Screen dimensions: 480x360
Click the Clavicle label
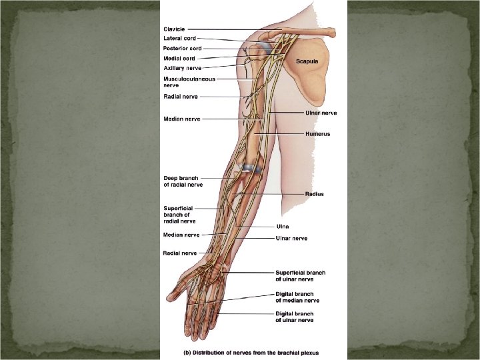point(175,29)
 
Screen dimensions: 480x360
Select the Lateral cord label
point(179,39)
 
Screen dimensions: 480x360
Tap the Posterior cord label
point(182,48)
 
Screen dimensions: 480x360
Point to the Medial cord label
point(179,58)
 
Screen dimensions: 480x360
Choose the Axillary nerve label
point(182,68)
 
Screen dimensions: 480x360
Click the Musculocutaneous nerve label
point(189,82)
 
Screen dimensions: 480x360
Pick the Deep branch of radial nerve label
point(183,181)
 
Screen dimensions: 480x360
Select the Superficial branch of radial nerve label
point(179,215)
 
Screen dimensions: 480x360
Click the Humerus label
point(317,134)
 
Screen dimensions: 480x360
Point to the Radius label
point(314,194)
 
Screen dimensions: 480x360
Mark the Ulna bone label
point(283,227)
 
